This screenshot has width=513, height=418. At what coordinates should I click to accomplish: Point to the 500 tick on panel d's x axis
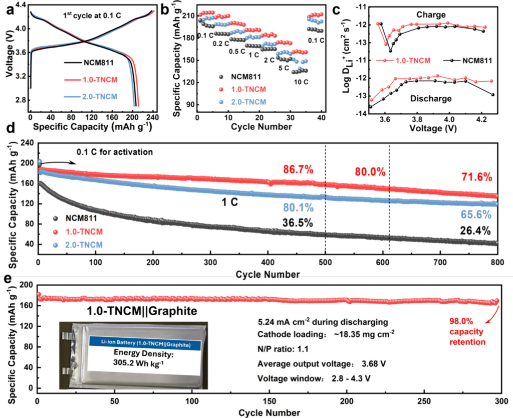click(325, 263)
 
